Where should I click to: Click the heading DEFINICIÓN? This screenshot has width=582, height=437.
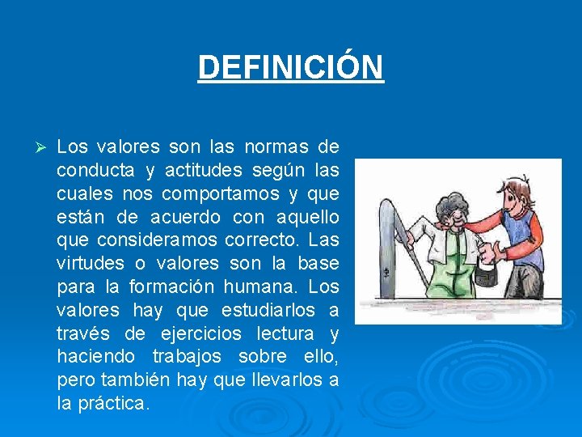coord(291,67)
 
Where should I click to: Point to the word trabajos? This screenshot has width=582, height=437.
coord(195,358)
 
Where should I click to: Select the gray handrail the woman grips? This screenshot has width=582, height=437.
coord(391,243)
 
